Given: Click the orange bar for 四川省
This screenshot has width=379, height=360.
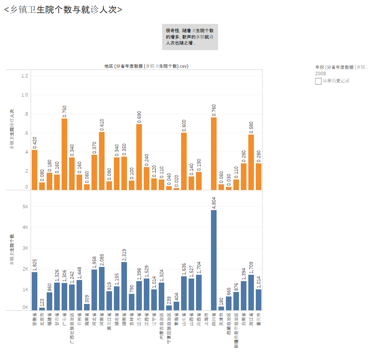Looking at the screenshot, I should tap(214, 153).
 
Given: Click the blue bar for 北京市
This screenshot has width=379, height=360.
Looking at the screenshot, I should tap(42, 309).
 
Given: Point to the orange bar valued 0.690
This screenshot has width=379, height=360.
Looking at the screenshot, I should tap(139, 157).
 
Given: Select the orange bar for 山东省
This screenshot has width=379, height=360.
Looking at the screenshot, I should tap(184, 161).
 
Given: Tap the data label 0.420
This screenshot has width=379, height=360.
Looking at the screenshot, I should tap(35, 142).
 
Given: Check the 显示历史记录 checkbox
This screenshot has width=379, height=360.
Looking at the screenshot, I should tap(318, 81).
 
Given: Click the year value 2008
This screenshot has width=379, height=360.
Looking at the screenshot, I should tap(320, 74).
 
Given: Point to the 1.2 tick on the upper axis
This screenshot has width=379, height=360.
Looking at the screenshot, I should tap(25, 76).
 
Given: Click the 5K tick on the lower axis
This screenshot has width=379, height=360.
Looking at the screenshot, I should tap(25, 207).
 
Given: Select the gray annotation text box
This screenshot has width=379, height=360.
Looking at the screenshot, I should tap(190, 37).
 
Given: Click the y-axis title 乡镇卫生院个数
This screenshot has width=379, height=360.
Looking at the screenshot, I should tap(12, 250).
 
